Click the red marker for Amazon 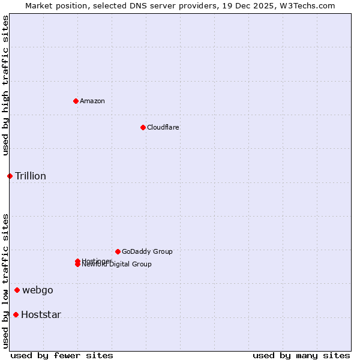click(76, 101)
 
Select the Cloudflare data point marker click(143, 127)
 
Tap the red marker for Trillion click(10, 176)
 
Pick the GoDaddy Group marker click(118, 251)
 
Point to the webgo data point click(17, 290)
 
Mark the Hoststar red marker click(16, 314)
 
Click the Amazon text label click(92, 101)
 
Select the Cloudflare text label click(163, 127)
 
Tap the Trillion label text click(31, 176)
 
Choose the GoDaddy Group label click(147, 251)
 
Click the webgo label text click(38, 290)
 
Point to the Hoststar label click(41, 314)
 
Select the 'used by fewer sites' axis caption click(62, 355)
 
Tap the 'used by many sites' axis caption click(301, 355)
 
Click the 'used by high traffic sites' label click(5, 85)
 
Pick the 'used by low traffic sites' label click(5, 281)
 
